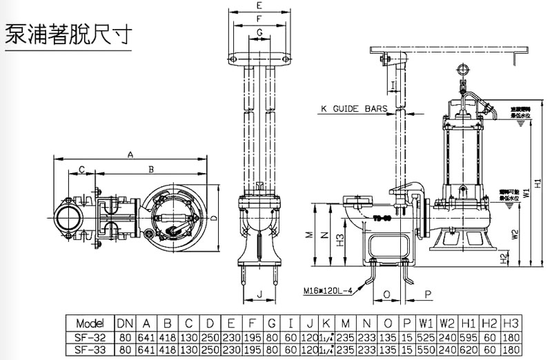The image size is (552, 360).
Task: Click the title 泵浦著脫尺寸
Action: (67, 34)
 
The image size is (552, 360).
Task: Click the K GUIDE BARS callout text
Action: (351, 108)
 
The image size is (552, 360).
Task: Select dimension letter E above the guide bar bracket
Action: (259, 6)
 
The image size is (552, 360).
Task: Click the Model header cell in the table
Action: (90, 323)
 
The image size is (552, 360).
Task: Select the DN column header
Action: (125, 323)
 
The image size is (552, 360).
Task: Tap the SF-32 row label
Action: (90, 337)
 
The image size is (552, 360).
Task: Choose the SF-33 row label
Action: (90, 350)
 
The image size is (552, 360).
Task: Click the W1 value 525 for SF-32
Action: (425, 337)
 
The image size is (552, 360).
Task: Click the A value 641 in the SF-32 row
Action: (146, 337)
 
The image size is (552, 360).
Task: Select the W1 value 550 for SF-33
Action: (425, 350)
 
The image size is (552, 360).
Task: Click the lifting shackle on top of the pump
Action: (461, 71)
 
